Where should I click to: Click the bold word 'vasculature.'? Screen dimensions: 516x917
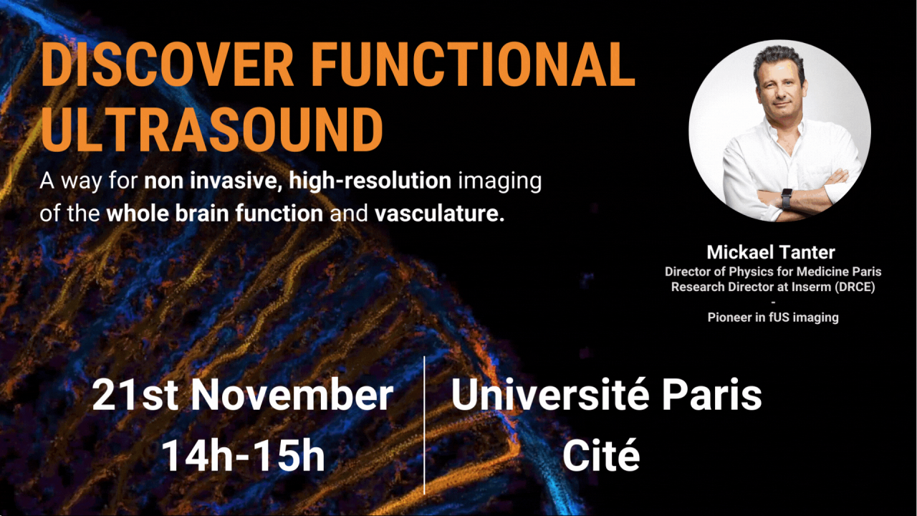440,214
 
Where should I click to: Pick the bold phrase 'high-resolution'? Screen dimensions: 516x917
370,181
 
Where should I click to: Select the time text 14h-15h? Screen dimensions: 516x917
243,456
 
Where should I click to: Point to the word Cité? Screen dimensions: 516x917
600,456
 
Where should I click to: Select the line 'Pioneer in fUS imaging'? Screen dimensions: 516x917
773,317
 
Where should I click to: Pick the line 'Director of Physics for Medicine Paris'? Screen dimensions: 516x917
773,272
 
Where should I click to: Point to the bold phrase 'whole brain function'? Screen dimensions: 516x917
214,214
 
